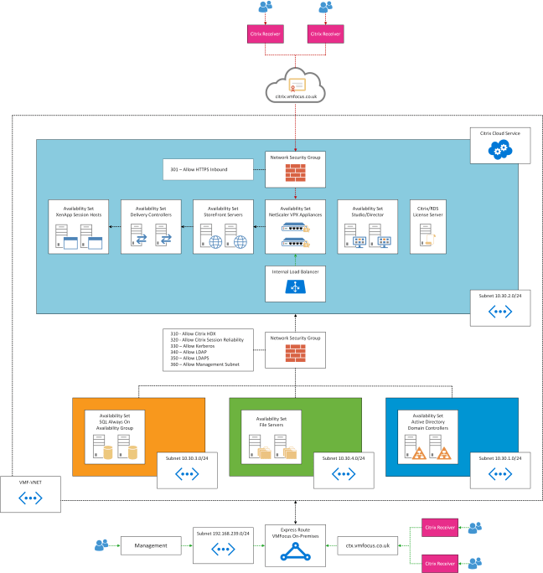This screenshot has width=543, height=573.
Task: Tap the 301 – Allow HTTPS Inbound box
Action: (x=208, y=171)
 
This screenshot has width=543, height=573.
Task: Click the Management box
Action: (x=151, y=545)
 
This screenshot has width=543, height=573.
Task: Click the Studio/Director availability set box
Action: (x=367, y=227)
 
